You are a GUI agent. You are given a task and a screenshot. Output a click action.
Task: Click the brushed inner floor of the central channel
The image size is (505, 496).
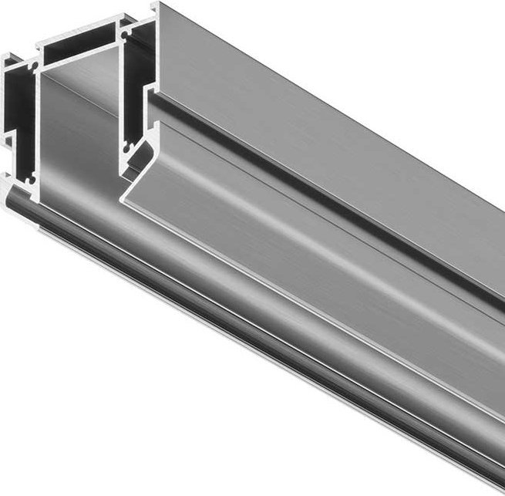pyautogui.click(x=77, y=139)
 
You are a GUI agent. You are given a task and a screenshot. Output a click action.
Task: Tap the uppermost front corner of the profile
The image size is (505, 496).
pyautogui.click(x=155, y=6)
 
